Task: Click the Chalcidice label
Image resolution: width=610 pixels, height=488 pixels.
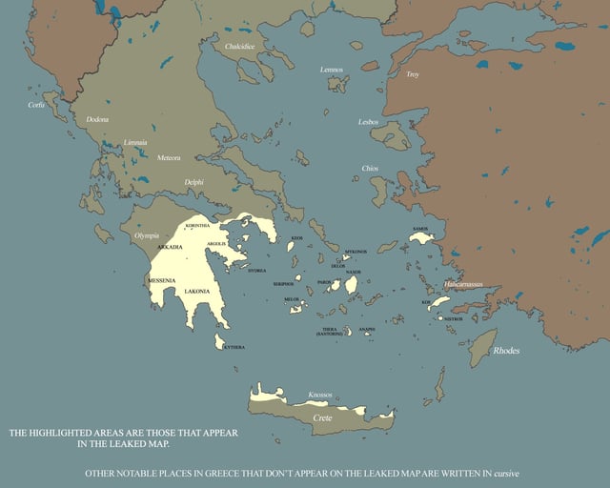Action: [x=238, y=46]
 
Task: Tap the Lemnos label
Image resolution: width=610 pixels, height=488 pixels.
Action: [x=332, y=70]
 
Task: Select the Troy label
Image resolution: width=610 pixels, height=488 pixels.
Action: [x=413, y=74]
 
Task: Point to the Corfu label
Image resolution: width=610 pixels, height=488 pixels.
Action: [x=36, y=105]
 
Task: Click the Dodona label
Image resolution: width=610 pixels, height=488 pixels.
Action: [x=97, y=119]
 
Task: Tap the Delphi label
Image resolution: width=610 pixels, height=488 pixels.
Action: [x=193, y=181]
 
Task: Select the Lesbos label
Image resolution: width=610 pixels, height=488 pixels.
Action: [x=368, y=122]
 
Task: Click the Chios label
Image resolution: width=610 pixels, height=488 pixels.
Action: [x=370, y=168]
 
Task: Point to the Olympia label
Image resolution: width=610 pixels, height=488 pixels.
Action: [x=147, y=234]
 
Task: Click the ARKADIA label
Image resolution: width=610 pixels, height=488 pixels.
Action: [x=169, y=247]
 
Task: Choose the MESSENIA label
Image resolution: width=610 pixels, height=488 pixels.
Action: [x=162, y=281]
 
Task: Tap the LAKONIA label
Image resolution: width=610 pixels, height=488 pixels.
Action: [x=197, y=291]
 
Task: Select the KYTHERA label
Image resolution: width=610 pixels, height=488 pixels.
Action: [x=234, y=347]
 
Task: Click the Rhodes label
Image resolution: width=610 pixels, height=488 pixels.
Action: [x=506, y=351]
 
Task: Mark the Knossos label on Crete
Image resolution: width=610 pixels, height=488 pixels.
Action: [x=321, y=395]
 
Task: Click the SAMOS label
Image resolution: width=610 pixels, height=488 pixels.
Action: [x=420, y=229]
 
